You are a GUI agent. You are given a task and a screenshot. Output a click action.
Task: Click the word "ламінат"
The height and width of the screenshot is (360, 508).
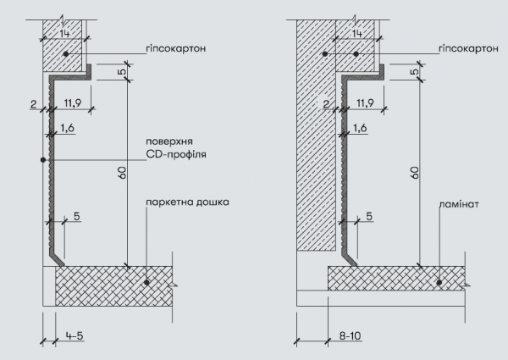coord(459,204)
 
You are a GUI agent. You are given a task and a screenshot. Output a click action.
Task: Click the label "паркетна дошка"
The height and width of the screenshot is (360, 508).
coord(187,202)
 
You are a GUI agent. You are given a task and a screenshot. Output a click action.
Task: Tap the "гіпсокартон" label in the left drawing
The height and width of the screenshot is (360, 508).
coord(175,48)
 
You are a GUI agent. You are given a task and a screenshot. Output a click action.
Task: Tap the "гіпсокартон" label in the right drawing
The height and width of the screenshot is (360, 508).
coord(468,48)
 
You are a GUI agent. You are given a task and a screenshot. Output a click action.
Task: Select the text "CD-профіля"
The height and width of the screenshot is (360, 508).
coord(176,154)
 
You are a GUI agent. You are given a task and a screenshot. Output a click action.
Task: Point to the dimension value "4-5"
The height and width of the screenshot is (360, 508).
coord(75,335)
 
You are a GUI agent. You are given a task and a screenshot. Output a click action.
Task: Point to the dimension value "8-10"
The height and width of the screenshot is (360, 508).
coord(350,335)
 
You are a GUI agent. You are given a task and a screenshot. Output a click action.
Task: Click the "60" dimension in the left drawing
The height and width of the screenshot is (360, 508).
coord(123,173)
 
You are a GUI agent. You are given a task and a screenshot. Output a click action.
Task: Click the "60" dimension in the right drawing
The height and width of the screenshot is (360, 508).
coord(415,173)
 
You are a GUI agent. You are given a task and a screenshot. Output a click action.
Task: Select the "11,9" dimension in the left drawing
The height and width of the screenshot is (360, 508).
coord(73,103)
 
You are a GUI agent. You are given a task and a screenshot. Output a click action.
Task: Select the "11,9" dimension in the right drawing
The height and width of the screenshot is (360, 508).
coord(365,103)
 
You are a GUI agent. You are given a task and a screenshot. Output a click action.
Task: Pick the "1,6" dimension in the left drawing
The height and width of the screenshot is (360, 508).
coord(67,128)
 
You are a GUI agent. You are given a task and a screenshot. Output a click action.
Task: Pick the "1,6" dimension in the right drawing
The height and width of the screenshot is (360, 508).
coord(360,128)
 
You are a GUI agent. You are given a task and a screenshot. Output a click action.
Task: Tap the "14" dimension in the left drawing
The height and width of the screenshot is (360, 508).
coord(65,33)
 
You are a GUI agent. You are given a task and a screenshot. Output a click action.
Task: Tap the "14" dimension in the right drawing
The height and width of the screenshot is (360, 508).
coord(357,33)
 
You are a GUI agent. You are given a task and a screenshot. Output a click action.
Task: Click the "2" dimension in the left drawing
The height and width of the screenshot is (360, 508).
coord(33,104)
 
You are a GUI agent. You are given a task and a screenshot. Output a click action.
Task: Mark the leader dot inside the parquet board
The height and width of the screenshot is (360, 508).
coord(146,283)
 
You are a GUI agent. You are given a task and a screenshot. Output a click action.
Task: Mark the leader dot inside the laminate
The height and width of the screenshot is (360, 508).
coord(439,283)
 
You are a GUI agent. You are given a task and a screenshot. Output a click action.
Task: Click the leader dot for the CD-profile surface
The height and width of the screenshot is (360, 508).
coord(43,160)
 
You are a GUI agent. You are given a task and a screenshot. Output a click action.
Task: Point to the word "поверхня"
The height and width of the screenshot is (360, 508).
coord(169,141)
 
